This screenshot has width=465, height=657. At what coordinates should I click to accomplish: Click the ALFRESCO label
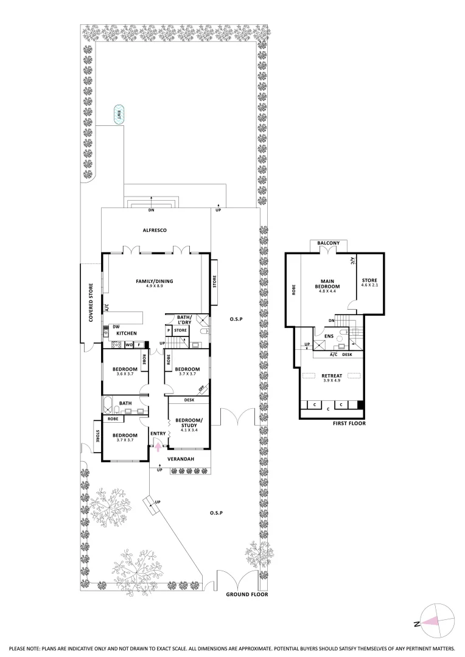[x=155, y=230]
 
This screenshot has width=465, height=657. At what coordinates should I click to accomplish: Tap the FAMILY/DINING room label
[x=155, y=281]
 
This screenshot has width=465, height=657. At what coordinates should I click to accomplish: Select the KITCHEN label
[x=126, y=333]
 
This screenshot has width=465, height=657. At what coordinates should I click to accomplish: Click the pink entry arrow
[x=158, y=447]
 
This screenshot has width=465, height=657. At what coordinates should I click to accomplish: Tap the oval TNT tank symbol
[x=117, y=114]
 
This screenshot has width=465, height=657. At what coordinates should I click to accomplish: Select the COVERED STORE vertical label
[x=90, y=302]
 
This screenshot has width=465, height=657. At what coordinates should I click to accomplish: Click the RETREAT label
[x=332, y=376]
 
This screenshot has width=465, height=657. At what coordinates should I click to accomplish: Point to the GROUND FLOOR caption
[x=246, y=594]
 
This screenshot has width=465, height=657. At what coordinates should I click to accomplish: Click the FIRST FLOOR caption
[x=349, y=423]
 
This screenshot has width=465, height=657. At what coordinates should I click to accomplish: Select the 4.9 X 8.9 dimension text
[x=155, y=287]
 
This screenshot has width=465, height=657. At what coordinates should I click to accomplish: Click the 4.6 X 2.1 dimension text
[x=369, y=285]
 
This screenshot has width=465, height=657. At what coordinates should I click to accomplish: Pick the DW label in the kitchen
[x=116, y=327]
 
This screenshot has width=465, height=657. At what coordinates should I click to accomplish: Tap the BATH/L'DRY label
[x=184, y=320]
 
